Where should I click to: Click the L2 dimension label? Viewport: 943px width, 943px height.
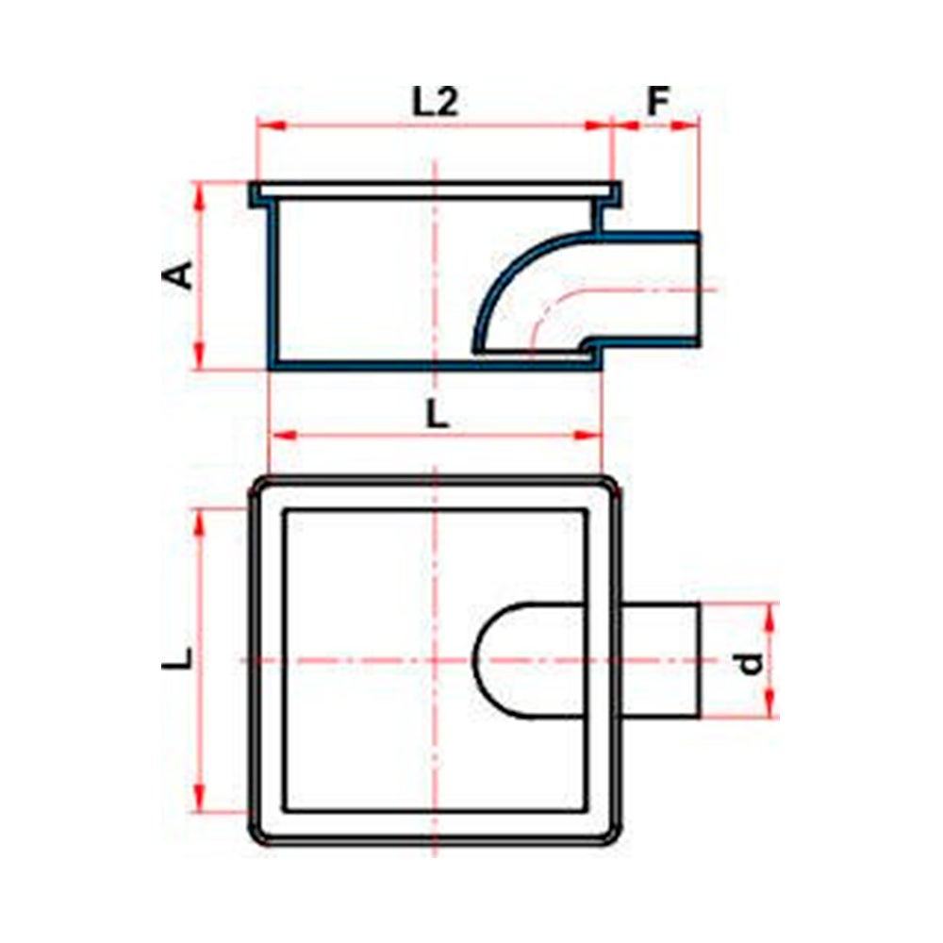tap(435, 102)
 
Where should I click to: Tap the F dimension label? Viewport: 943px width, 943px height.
tap(658, 102)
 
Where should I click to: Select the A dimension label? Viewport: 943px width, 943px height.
tap(178, 274)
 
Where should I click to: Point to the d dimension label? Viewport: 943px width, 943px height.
tap(751, 663)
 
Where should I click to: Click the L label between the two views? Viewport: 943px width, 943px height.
tap(438, 414)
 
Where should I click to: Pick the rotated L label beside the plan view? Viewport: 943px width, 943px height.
tap(178, 658)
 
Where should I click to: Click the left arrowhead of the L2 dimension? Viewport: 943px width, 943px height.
tap(270, 125)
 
